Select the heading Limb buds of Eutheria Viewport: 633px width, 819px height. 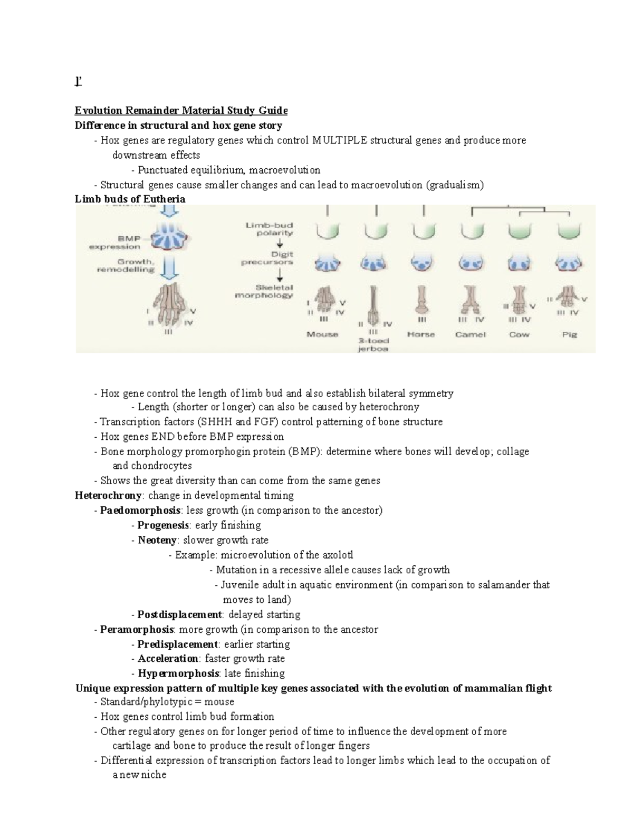(130, 199)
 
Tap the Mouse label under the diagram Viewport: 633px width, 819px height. (322, 334)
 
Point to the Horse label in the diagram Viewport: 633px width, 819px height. (421, 334)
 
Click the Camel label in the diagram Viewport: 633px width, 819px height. (470, 334)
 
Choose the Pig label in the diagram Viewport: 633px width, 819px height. (570, 334)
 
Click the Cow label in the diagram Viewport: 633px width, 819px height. (519, 334)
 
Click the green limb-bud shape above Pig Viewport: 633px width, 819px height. (570, 230)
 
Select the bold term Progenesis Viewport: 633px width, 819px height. (163, 525)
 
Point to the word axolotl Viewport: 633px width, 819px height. (337, 555)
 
